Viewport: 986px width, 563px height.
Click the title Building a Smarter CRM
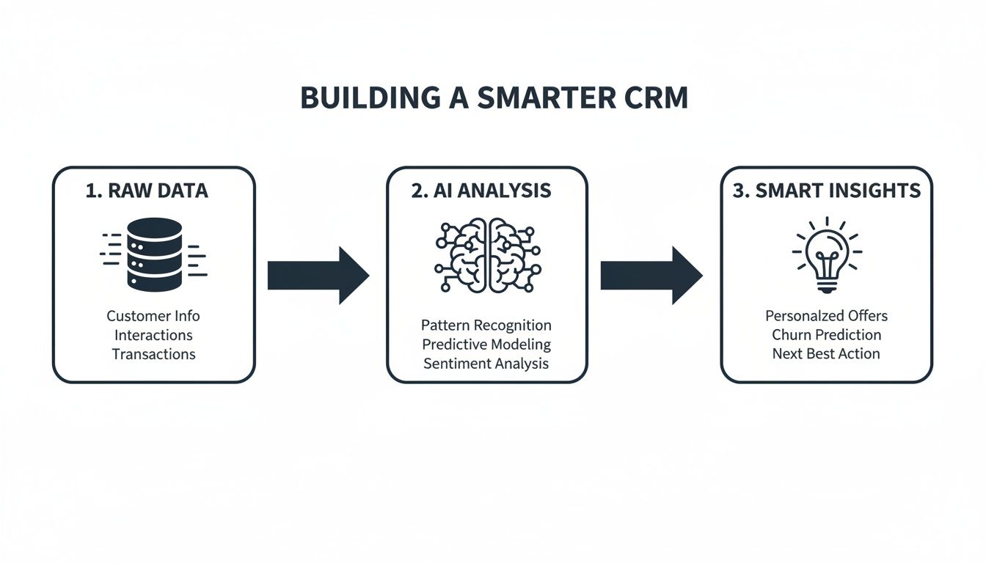(494, 98)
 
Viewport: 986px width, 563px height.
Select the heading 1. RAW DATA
(147, 191)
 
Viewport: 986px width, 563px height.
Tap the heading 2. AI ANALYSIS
(481, 191)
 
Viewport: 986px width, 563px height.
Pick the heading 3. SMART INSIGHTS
(827, 191)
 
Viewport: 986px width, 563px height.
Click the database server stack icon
(153, 254)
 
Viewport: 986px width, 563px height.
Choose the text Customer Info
(153, 316)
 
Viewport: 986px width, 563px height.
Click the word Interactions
(153, 335)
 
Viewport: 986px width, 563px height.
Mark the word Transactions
(153, 354)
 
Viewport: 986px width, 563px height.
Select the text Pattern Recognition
(486, 325)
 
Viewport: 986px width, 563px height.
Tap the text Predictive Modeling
(486, 344)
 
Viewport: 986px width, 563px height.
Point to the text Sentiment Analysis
(486, 363)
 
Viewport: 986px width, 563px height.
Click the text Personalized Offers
(827, 316)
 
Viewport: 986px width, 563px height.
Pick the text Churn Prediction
(827, 335)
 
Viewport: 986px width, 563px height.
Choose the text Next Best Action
(827, 354)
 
